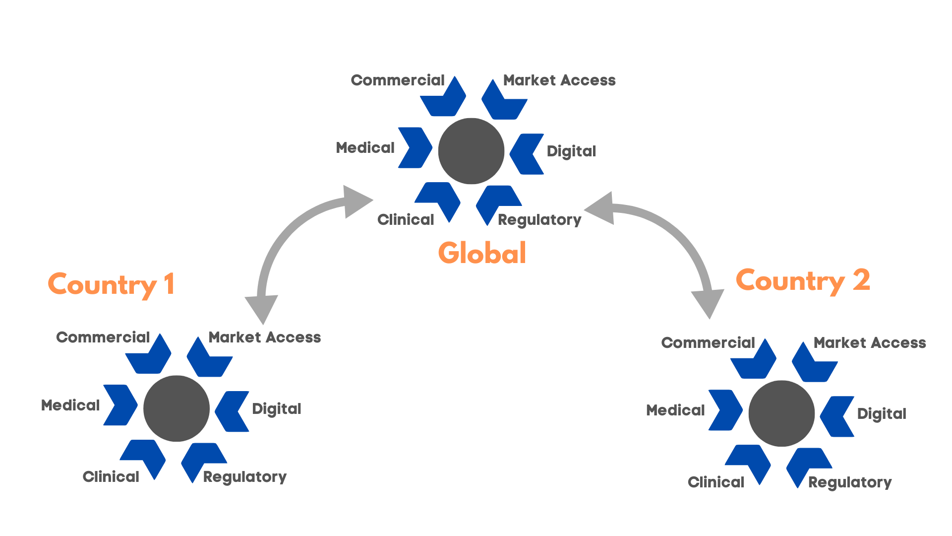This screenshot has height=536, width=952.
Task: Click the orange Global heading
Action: pos(482,253)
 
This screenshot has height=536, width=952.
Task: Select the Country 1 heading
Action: pos(111,284)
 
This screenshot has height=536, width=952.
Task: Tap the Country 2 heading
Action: pos(803,281)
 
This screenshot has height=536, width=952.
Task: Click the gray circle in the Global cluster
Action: pos(471,151)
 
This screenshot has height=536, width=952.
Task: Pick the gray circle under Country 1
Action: pos(177,408)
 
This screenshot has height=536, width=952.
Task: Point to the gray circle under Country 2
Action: pos(781,413)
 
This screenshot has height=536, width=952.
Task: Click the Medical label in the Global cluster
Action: pos(365,148)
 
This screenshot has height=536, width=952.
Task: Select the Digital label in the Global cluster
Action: pos(571,151)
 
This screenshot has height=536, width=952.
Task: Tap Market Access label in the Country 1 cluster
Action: pos(265,337)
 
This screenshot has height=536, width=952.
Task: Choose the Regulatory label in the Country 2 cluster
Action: pos(850,482)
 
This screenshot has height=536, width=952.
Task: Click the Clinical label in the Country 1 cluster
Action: pos(111,477)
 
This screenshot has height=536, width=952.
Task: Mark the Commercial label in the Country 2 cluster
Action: pos(708,343)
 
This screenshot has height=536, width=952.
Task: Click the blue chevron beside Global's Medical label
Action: pos(415,148)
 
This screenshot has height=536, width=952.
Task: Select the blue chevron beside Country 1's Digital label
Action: pos(232,411)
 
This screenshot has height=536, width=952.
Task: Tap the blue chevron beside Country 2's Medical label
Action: pos(725,410)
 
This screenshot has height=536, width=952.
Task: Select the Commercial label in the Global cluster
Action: pos(398,80)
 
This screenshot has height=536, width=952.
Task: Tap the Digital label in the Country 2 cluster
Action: pos(882,414)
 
